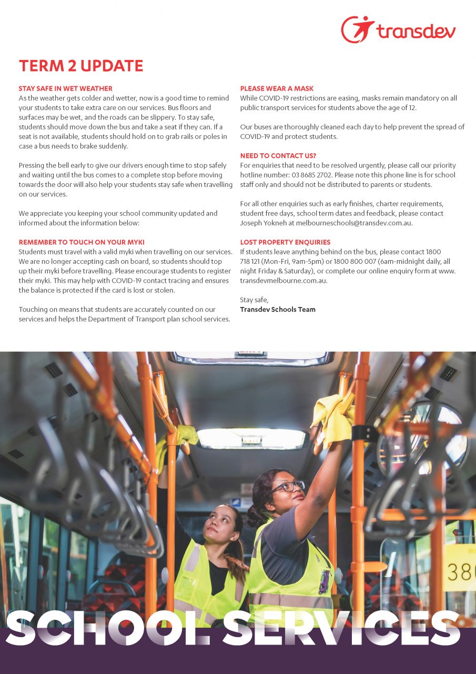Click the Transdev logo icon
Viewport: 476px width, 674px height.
point(358,29)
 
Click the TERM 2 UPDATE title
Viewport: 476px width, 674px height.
point(81,66)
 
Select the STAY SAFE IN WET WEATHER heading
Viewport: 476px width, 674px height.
point(66,88)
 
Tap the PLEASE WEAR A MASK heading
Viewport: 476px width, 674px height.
point(277,88)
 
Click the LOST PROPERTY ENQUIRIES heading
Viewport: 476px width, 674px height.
point(285,242)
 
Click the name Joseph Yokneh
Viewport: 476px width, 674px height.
point(264,223)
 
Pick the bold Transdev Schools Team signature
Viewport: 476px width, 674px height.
point(278,309)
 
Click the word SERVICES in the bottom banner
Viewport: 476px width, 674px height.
point(342,629)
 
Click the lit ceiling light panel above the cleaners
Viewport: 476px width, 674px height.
point(251,438)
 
